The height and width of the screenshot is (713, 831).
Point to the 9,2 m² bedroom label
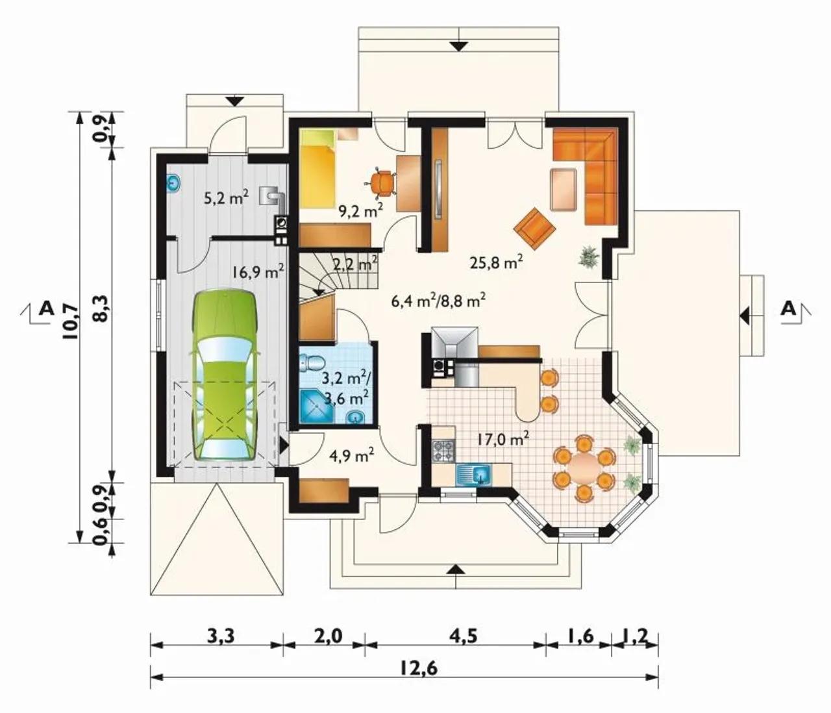coord(360,210)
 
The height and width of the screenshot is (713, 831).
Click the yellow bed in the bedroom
coord(317,168)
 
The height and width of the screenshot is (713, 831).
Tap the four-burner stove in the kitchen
coord(444,451)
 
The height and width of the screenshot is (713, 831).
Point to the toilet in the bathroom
coord(313,363)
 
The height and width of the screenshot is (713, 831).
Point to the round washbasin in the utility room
coord(174,184)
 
